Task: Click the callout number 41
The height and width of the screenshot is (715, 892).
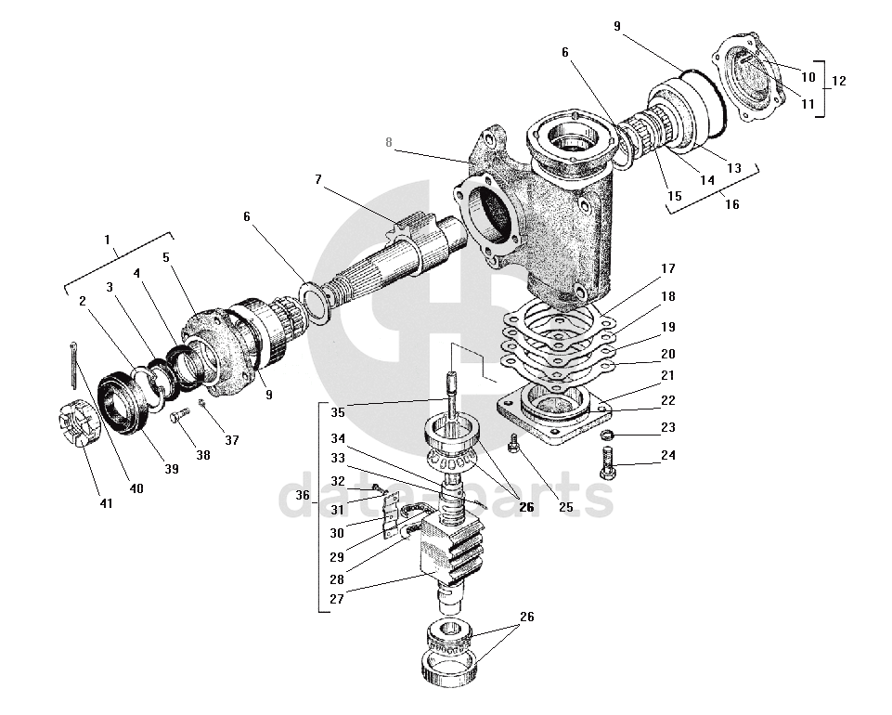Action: pos(106,503)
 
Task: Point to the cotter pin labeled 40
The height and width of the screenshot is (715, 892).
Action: pos(73,364)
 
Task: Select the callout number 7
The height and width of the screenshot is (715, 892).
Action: pos(317,179)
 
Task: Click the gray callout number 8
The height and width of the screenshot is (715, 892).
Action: pos(389,142)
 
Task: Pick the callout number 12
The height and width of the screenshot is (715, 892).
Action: pos(839,81)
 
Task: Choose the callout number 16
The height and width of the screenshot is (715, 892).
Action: pos(732,204)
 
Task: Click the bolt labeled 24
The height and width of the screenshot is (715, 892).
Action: pos(607,461)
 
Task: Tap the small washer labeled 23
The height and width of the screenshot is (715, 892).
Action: pos(604,435)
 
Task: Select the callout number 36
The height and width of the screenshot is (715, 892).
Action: pos(303,496)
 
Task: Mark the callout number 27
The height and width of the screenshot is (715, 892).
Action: pos(336,599)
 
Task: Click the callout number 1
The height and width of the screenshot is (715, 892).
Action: pos(107,240)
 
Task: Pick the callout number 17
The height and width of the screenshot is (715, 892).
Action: pos(667,269)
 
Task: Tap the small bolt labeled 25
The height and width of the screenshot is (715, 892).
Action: pos(513,446)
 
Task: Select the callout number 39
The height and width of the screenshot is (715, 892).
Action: pos(172,469)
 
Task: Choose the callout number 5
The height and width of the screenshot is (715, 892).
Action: pos(166,256)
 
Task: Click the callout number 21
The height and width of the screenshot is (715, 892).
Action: pos(667,375)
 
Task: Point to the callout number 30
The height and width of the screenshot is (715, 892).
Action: pos(336,533)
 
